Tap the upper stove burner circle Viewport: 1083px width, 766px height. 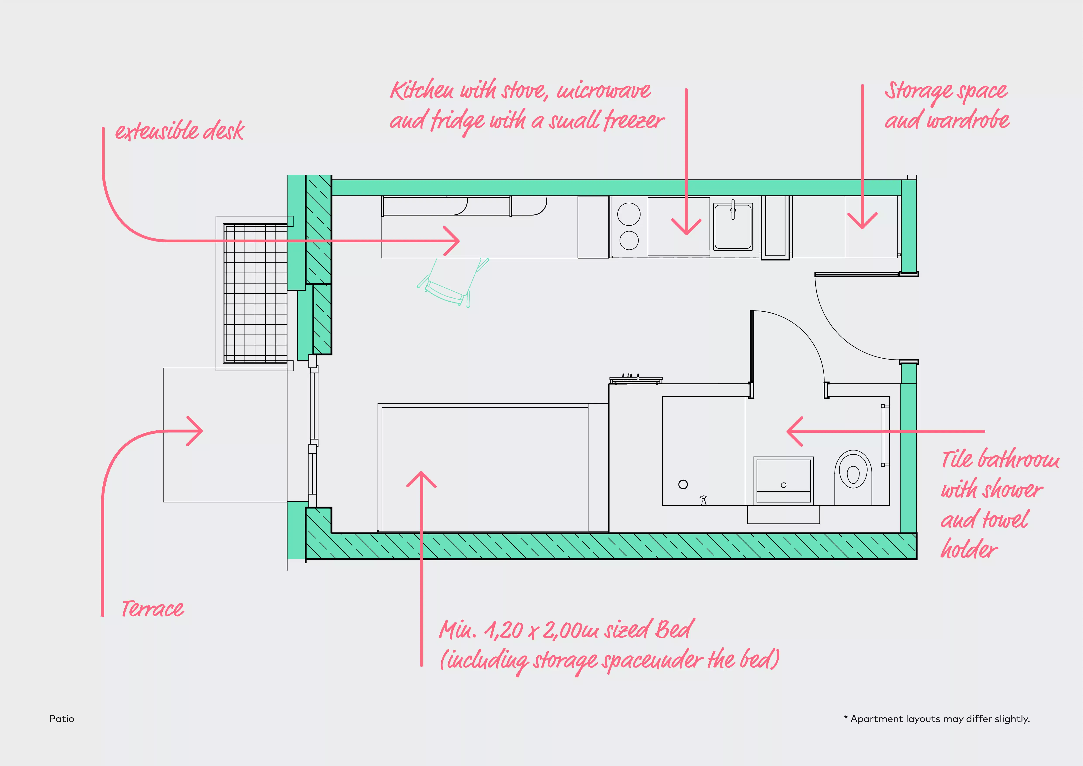point(629,214)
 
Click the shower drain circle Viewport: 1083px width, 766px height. point(683,484)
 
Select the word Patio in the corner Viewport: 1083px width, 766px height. point(62,719)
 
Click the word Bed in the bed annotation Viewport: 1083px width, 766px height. point(675,629)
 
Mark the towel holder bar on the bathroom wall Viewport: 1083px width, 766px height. point(885,435)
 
